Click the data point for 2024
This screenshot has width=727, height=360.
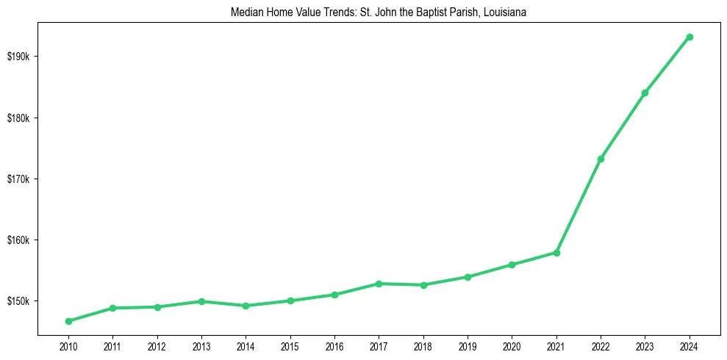point(690,37)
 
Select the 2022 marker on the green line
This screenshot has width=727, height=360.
point(601,159)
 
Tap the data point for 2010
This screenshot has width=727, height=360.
point(68,321)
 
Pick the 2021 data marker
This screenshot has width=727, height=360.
point(556,253)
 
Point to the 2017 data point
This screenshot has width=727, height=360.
point(379,284)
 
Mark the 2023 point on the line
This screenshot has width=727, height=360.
point(645,93)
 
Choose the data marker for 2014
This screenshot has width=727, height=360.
point(246,306)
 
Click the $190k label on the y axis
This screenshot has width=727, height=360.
point(19,57)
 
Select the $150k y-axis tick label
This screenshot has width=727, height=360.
point(19,301)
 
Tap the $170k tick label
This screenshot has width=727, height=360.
point(19,179)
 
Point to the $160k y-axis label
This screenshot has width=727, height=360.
point(19,240)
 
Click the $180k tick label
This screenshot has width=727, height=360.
point(19,118)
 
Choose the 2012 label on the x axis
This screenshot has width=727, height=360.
point(157,347)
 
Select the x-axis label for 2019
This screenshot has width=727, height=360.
point(468,347)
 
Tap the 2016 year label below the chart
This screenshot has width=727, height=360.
point(334,347)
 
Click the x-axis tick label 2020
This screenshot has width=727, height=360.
point(512,347)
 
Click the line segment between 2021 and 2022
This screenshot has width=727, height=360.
point(579,206)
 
